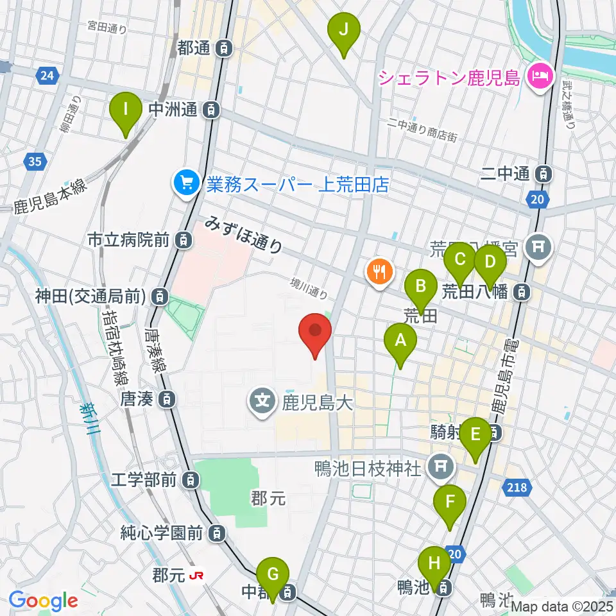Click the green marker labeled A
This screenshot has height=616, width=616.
pyautogui.click(x=400, y=341)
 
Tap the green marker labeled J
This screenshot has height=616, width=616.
pyautogui.click(x=344, y=30)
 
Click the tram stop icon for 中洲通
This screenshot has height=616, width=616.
pyautogui.click(x=210, y=110)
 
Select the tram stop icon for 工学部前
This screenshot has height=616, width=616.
pyautogui.click(x=189, y=479)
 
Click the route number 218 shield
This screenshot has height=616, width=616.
pyautogui.click(x=518, y=488)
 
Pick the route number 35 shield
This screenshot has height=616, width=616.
pyautogui.click(x=35, y=161)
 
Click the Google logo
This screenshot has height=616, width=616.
pyautogui.click(x=44, y=601)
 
